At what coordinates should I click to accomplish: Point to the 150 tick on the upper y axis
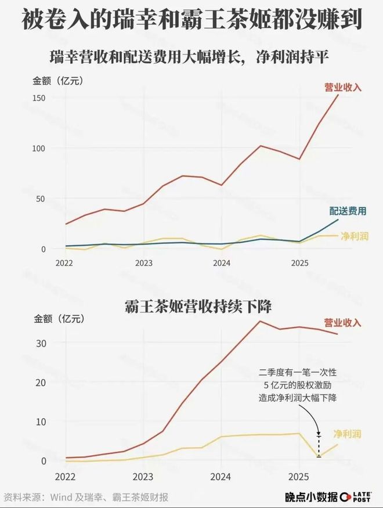tap(39, 98)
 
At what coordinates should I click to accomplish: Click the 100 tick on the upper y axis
tap(39, 148)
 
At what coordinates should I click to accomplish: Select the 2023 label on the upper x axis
tap(143, 262)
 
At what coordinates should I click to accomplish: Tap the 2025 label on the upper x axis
tap(299, 262)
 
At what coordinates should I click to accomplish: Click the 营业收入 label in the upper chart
tap(342, 88)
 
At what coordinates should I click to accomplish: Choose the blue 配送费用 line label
tap(348, 211)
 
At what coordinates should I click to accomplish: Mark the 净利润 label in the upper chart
tap(355, 236)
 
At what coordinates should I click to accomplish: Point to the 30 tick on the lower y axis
tap(40, 343)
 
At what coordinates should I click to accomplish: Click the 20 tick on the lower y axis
tap(40, 382)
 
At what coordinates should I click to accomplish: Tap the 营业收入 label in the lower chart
tap(342, 323)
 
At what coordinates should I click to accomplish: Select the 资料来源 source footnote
tap(86, 497)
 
